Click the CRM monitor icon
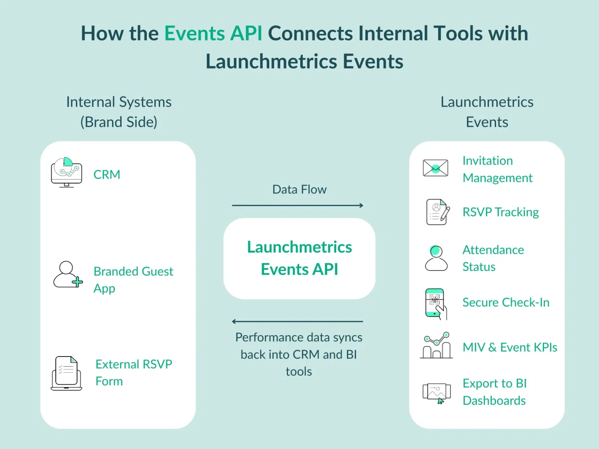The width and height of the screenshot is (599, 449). point(66,173)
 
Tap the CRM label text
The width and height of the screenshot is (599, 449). point(107,175)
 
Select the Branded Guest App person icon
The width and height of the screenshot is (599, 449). point(67,275)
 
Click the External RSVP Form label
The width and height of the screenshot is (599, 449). point(133,372)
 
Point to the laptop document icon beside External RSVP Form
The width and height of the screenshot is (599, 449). point(66,373)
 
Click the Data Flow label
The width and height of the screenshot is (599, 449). point(299,189)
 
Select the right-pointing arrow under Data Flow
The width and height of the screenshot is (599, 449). point(298,205)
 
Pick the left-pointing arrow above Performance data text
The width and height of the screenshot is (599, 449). point(298,321)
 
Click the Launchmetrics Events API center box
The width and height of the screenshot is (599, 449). point(299,258)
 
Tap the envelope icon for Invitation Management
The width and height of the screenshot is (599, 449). point(435,168)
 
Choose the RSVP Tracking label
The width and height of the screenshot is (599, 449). point(500,212)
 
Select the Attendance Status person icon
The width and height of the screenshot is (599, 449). point(436,258)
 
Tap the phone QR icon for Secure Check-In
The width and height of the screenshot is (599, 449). point(435,303)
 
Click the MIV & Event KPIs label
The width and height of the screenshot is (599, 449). point(510,347)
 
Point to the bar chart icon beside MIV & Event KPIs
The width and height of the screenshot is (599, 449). point(436,346)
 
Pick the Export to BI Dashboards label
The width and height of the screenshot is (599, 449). point(494,392)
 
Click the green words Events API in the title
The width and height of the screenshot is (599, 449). point(213,33)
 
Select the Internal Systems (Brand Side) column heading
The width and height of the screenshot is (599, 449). point(119,112)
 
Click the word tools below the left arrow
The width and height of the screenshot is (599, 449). point(298,372)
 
